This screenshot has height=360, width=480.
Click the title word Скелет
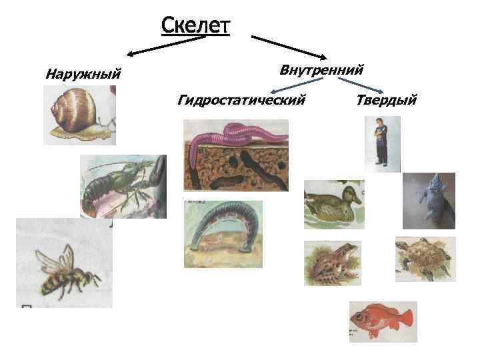point(195,27)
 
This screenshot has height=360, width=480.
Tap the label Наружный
point(83,73)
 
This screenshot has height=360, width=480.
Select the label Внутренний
point(321,70)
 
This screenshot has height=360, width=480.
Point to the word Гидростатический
point(241,100)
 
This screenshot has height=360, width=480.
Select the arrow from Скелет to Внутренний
point(287,47)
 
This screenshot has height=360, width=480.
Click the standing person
point(381,141)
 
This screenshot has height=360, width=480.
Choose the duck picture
point(333,204)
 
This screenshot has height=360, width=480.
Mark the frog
point(331,262)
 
